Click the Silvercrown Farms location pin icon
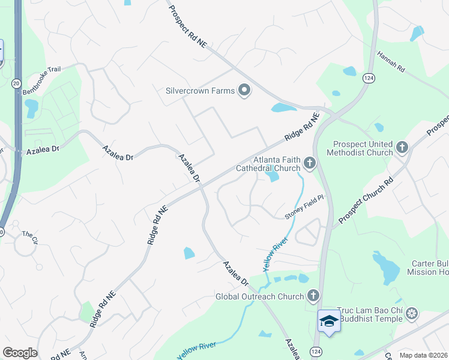click(x=244, y=91)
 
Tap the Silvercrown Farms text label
click(x=200, y=92)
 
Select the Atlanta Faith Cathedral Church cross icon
click(x=310, y=163)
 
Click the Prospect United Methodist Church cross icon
click(x=402, y=146)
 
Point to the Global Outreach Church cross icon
click(x=313, y=295)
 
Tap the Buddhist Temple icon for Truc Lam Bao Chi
click(x=412, y=313)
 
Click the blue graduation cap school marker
click(x=328, y=320)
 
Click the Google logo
click(x=20, y=353)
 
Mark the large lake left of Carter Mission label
click(x=385, y=268)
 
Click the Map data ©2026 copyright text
click(x=423, y=355)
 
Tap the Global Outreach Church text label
click(x=260, y=296)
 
